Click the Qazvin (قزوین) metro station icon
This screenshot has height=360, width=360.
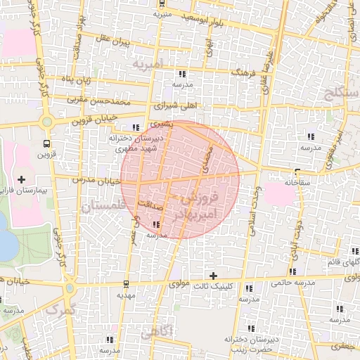coord(46,143)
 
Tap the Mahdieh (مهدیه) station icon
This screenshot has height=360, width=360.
coord(125,284)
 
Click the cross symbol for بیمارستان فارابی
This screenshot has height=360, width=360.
coord(21,179)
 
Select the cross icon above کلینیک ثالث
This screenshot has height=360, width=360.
coord(213,275)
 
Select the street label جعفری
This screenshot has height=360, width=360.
coord(345,347)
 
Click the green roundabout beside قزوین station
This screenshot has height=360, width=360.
coord(46,121)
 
